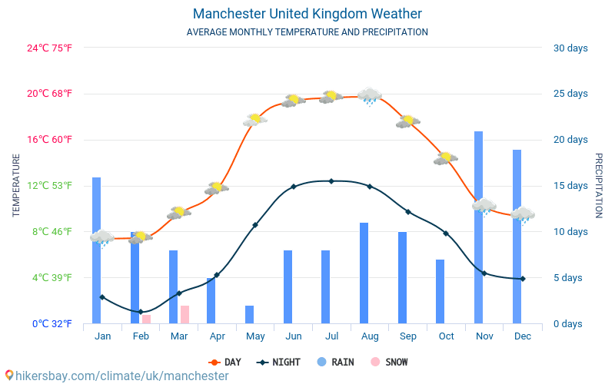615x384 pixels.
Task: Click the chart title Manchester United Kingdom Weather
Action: (x=307, y=14)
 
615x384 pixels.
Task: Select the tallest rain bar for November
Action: (x=478, y=227)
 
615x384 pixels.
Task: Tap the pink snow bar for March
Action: (x=184, y=315)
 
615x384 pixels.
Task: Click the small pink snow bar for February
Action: (x=146, y=319)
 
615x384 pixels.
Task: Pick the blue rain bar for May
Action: (x=249, y=314)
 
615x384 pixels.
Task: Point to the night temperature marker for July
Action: (x=331, y=181)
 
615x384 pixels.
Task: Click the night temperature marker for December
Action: (x=523, y=279)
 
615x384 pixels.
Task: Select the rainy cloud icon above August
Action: (x=370, y=96)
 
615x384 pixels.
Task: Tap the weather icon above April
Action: (x=217, y=187)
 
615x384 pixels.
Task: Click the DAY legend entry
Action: (x=224, y=362)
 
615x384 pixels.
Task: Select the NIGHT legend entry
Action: (x=278, y=362)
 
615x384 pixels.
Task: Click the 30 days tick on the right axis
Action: (x=570, y=48)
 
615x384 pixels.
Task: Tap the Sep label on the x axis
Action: (x=408, y=336)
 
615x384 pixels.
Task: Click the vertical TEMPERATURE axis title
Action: (x=16, y=185)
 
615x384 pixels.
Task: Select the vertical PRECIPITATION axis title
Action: (x=599, y=185)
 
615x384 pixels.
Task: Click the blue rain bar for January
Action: (x=97, y=250)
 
